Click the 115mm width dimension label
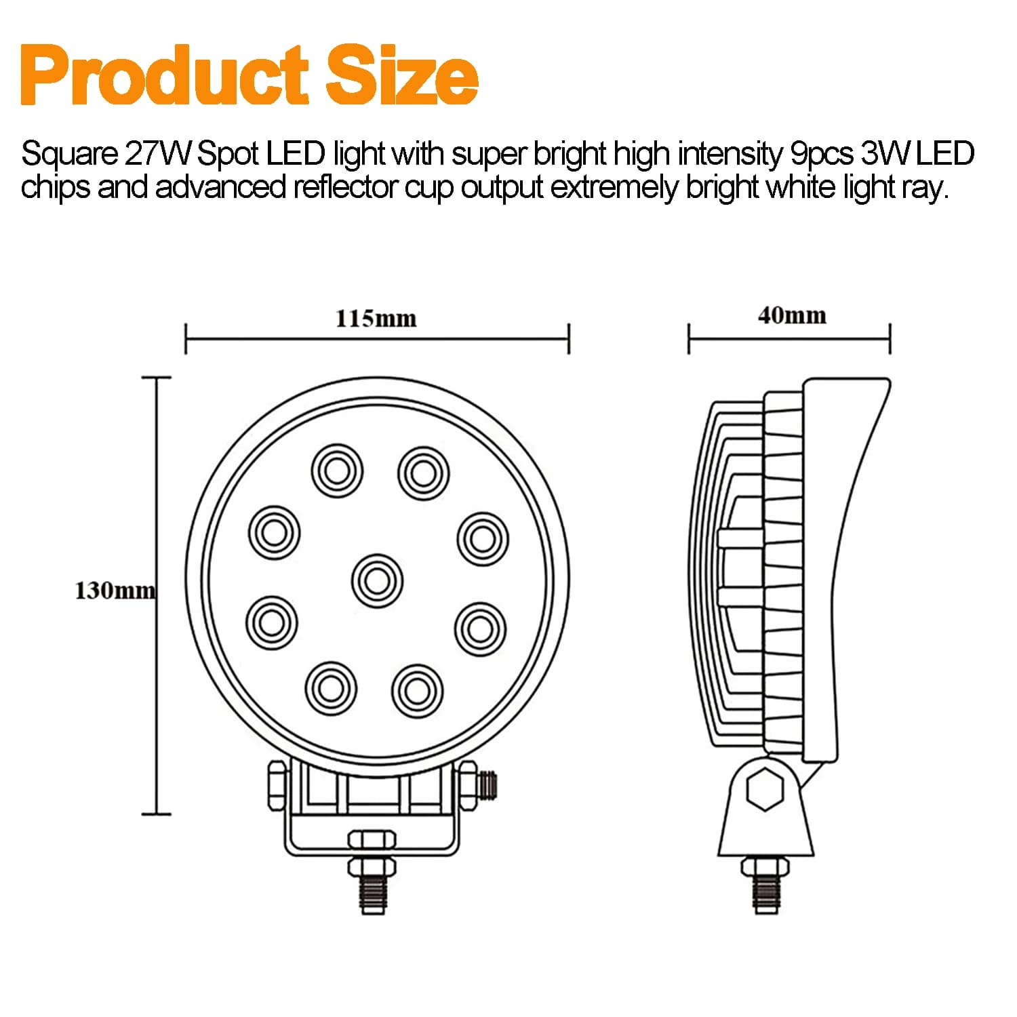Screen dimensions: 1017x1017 (376, 318)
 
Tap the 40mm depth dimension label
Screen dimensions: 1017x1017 (792, 315)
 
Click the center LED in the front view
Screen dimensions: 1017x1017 (377, 580)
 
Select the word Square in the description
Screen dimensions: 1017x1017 (70, 155)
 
